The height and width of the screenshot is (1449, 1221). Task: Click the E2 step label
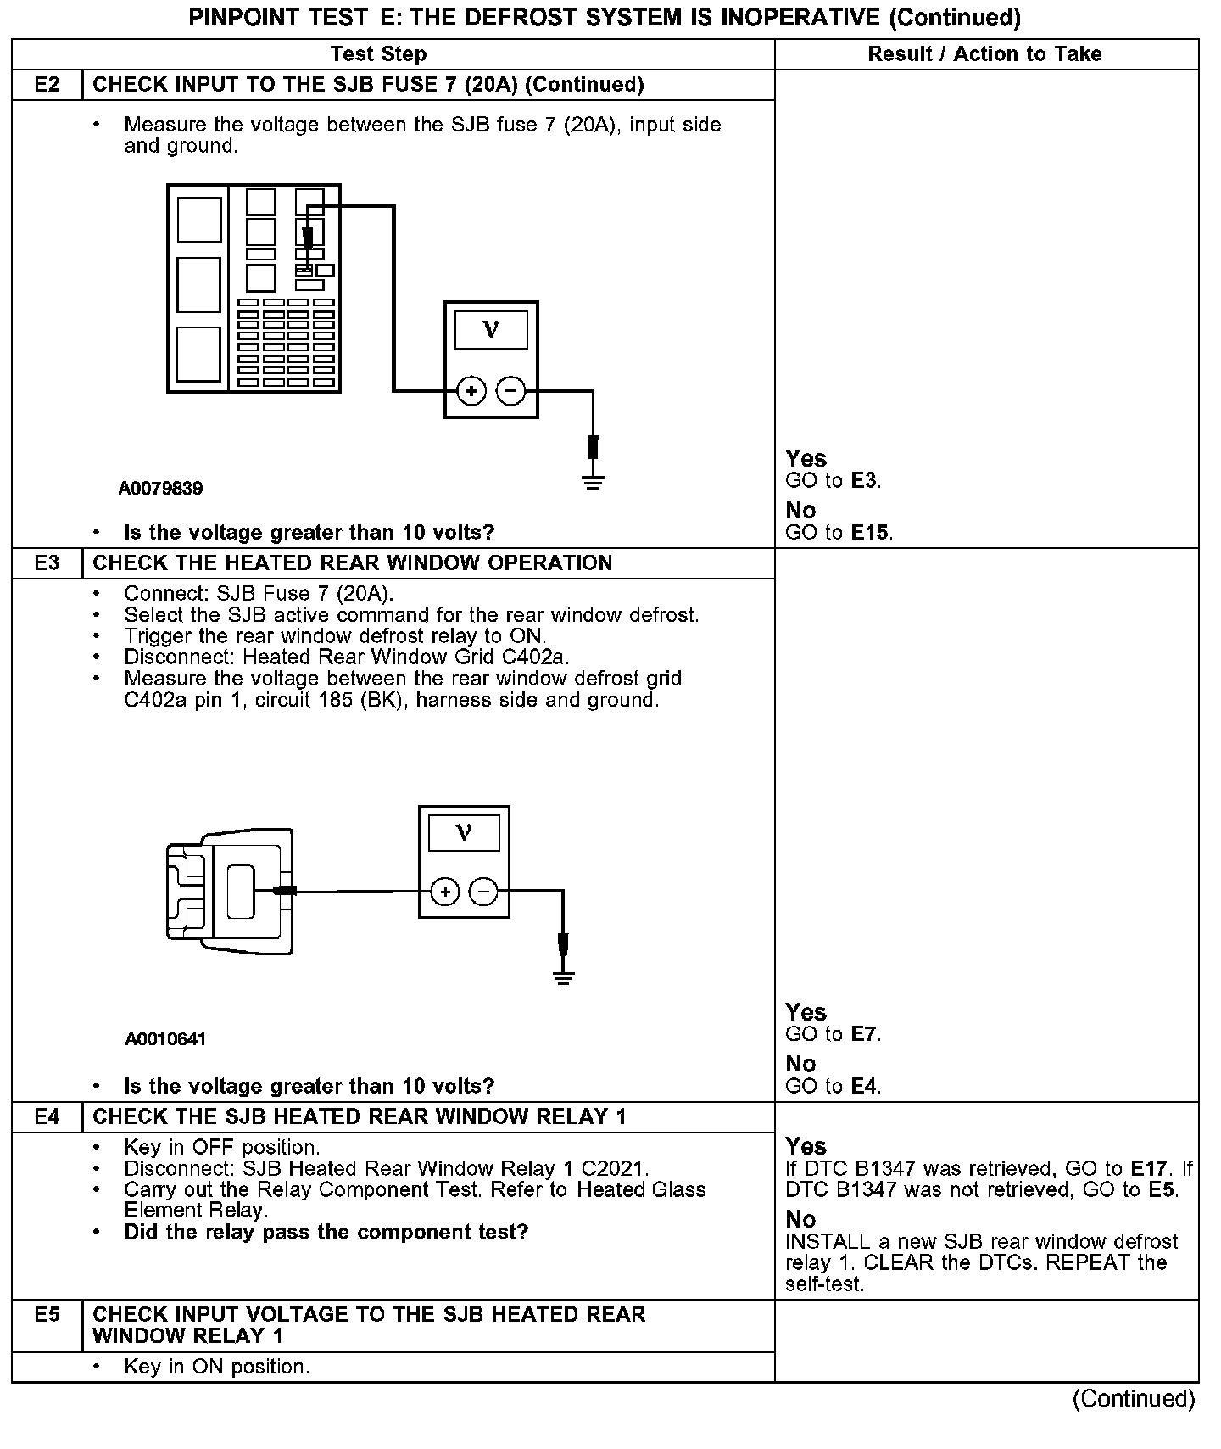47,85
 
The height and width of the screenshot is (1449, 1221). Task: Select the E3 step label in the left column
47,563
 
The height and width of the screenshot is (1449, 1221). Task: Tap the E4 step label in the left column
47,1116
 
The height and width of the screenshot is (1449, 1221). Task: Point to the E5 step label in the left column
47,1314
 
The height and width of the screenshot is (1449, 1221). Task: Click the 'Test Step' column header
378,54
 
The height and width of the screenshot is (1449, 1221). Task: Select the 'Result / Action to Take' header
984,54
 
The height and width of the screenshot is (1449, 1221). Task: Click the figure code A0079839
160,489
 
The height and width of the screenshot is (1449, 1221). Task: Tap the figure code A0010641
165,1039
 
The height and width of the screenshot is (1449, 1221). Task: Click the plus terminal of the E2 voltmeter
471,391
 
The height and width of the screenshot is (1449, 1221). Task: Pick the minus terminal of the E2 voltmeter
510,391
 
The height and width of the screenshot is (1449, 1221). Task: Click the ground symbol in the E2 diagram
593,484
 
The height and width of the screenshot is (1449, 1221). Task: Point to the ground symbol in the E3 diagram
563,976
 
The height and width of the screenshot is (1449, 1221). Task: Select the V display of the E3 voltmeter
464,832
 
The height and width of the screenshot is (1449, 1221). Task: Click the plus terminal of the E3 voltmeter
445,892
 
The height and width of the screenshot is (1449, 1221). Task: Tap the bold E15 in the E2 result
871,533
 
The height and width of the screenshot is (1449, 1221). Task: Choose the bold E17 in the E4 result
1149,1169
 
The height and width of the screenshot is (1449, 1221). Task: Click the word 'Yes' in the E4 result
806,1146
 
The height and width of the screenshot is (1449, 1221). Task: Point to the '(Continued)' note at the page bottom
1134,1399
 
